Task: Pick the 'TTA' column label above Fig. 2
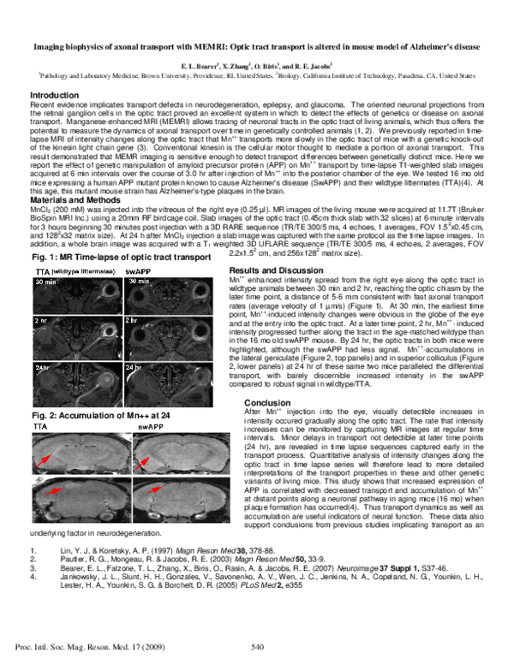pos(40,424)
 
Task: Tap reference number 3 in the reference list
pos(33,568)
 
